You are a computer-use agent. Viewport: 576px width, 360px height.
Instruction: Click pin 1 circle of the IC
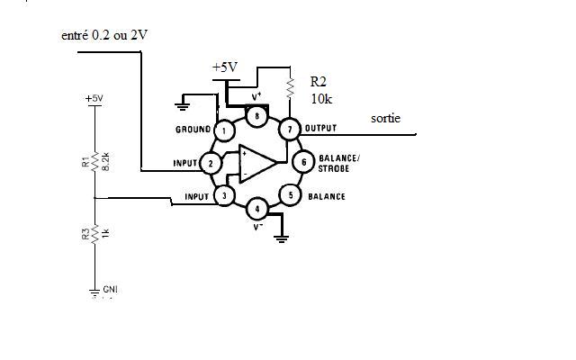pos(222,130)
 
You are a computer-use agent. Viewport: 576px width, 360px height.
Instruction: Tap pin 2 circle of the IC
pos(210,163)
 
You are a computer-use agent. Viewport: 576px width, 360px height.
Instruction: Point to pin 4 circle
pos(256,211)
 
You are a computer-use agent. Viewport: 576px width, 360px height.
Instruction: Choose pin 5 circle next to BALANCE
pos(290,195)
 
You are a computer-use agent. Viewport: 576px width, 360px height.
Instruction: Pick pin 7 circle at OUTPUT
pos(290,130)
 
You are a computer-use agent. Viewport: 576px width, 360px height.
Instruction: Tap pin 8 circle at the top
pos(257,116)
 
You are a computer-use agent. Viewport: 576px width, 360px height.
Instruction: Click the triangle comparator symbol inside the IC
pos(257,163)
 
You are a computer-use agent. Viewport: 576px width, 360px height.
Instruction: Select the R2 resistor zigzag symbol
pos(291,87)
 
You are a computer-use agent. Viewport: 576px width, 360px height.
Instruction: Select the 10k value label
pos(321,97)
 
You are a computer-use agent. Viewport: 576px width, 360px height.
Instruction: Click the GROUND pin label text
pos(193,130)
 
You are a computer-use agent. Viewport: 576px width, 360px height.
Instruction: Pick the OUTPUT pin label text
pos(320,129)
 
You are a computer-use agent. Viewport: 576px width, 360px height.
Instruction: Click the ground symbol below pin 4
pos(282,238)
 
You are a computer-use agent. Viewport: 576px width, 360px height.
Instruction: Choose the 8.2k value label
pos(106,161)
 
